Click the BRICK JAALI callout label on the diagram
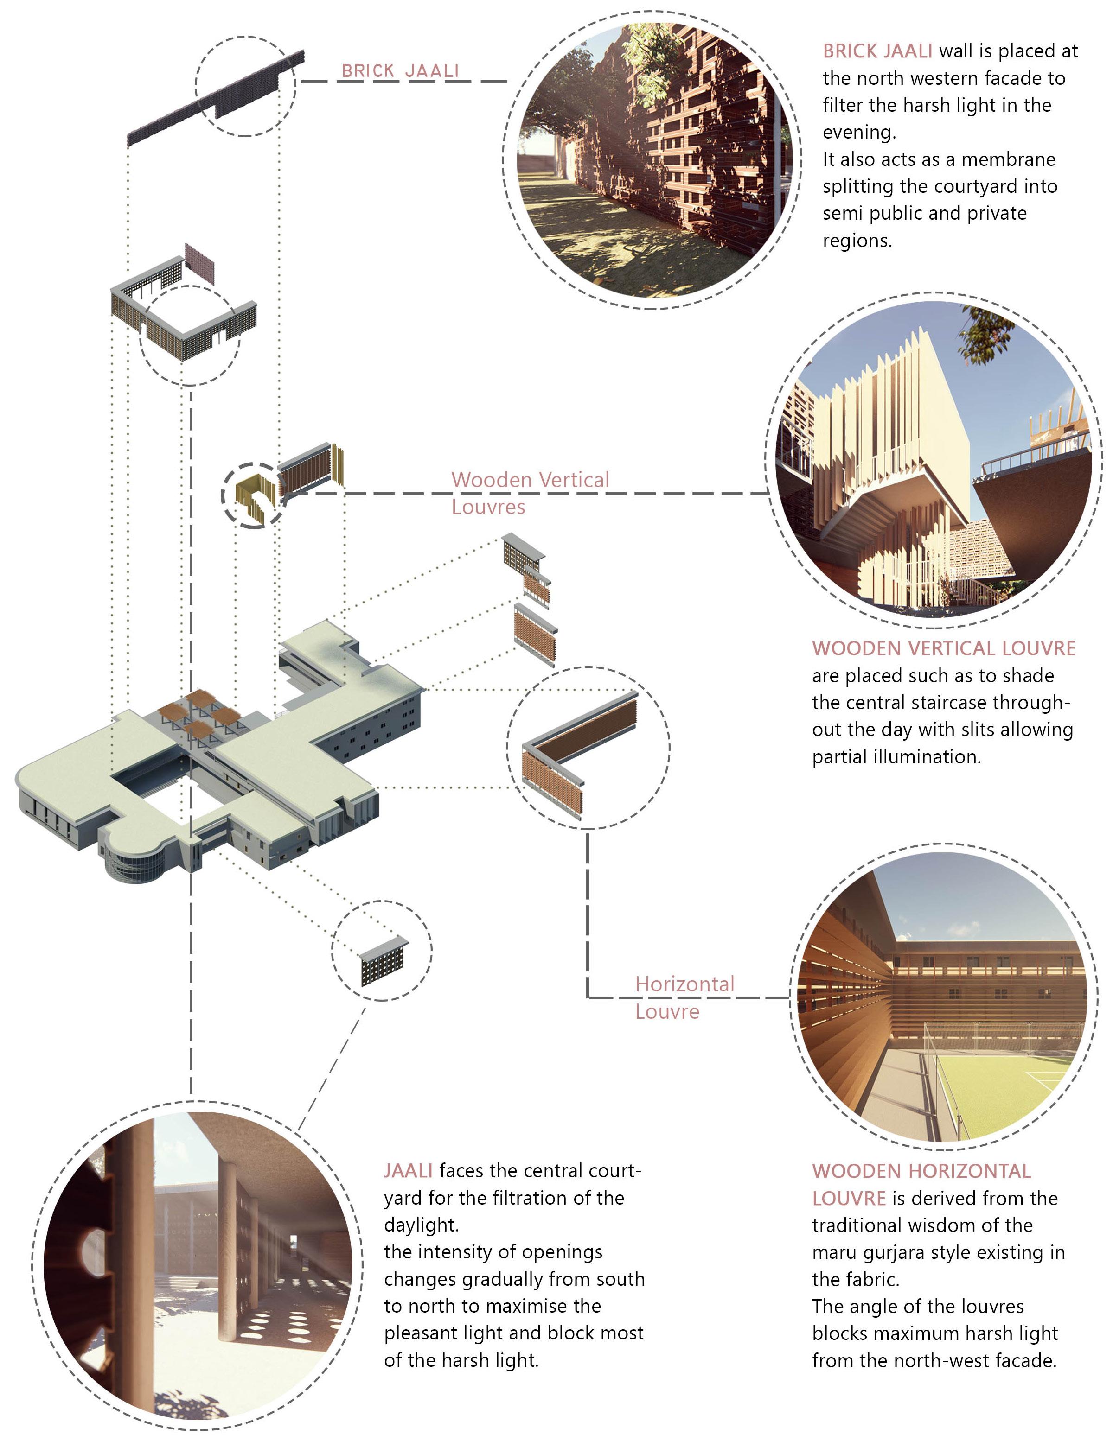point(400,70)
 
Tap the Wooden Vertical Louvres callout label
point(530,493)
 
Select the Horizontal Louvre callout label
point(684,997)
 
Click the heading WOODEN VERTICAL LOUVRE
point(943,648)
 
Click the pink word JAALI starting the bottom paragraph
point(408,1170)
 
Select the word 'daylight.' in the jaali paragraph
point(421,1225)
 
